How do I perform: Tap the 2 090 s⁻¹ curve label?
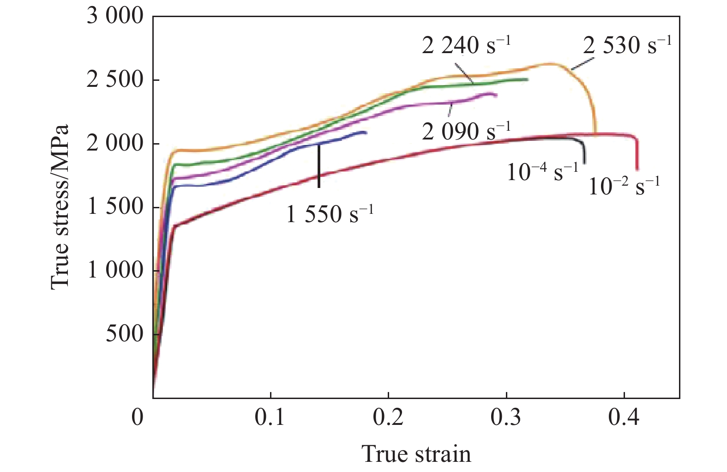(466, 132)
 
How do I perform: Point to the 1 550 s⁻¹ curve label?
(330, 214)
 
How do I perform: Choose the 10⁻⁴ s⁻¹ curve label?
(542, 172)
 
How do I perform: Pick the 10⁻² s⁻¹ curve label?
(624, 186)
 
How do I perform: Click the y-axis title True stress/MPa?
(60, 206)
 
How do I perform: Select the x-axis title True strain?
(416, 454)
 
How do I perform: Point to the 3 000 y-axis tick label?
(115, 17)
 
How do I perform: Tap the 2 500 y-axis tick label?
(115, 80)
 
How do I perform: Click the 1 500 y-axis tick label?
(115, 207)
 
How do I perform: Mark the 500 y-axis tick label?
(125, 333)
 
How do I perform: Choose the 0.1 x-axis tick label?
(270, 417)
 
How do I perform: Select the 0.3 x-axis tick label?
(506, 417)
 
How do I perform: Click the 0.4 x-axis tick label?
(624, 417)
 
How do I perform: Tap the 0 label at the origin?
(138, 417)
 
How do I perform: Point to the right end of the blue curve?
(366, 133)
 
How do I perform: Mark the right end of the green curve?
(527, 79)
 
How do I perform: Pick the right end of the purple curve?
(496, 95)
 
